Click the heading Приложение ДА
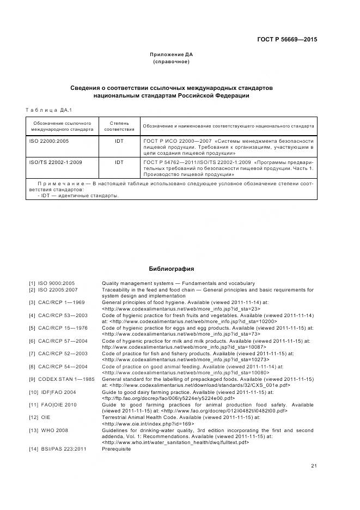tap(172, 54)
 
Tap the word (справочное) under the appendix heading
tap(172, 62)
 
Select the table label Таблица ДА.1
tap(49, 110)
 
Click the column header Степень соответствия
tap(119, 126)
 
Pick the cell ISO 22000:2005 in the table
tap(49, 141)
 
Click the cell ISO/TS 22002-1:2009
tap(54, 162)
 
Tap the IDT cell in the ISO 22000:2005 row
tap(119, 141)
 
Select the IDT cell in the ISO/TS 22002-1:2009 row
tap(119, 162)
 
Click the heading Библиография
tap(172, 269)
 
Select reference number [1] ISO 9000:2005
tap(52, 283)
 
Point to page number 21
tap(314, 465)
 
